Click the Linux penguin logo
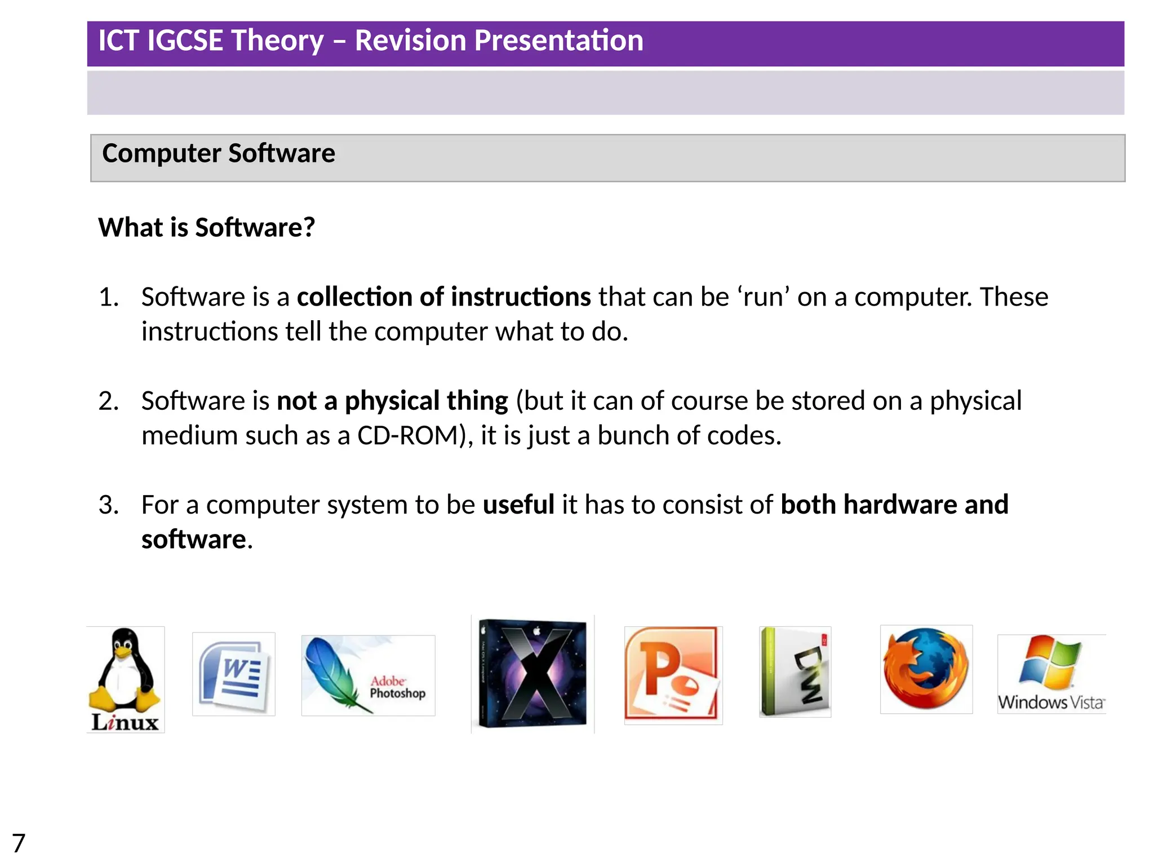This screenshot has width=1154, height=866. tap(125, 679)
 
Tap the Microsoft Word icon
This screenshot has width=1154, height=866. tap(234, 674)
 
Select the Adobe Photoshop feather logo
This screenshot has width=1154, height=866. tap(368, 675)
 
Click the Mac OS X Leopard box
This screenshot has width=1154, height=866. tap(533, 674)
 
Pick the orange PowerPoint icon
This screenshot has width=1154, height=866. tap(673, 675)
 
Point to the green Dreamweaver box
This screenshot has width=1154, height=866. tap(795, 671)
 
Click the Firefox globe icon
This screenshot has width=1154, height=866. tap(926, 669)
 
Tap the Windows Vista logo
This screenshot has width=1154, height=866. tap(1051, 674)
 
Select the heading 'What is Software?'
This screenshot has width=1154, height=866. tap(206, 228)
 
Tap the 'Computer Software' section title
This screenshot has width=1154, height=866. tap(219, 153)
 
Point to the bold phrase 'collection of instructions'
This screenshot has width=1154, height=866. tap(443, 297)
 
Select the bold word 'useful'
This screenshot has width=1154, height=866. tap(518, 505)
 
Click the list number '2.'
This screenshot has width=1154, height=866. tap(108, 401)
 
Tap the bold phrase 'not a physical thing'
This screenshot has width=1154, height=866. tap(392, 401)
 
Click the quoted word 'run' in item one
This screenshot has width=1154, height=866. tap(763, 297)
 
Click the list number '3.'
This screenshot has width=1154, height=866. tap(108, 505)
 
